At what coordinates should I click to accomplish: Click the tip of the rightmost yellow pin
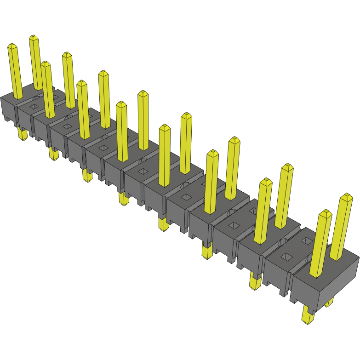346,197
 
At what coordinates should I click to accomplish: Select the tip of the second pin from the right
326,213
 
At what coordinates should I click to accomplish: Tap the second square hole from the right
234,225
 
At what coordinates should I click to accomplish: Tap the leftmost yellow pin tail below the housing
22,134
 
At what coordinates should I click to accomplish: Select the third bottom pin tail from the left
87,175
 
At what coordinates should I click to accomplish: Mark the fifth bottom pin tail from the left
163,224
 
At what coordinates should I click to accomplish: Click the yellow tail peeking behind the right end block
329,302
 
